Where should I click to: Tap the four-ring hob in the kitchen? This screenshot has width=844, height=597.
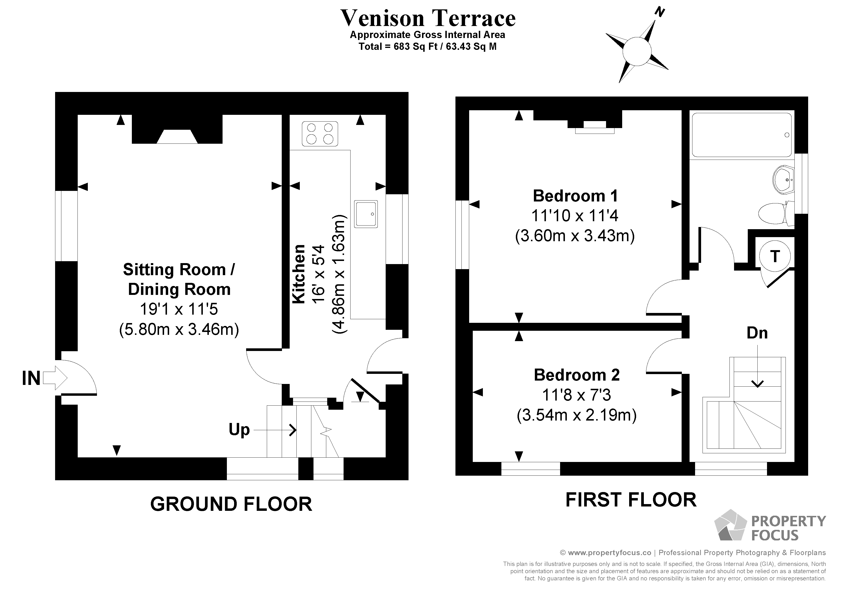pos(320,134)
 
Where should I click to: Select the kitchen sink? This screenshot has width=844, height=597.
pos(366,214)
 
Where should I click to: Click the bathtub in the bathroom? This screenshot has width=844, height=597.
pos(742,135)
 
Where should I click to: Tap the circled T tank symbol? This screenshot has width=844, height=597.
pos(774,256)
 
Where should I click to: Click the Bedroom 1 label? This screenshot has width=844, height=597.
pos(575,196)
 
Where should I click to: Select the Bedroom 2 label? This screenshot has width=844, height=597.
pos(576,375)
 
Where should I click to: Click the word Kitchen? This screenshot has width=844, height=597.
pos(299,274)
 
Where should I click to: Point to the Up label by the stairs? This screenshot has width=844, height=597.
pos(239,429)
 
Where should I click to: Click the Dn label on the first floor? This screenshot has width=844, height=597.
pos(757,333)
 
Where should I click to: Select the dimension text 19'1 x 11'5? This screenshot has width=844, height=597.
pos(179,309)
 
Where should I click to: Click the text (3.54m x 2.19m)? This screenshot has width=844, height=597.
pos(576,415)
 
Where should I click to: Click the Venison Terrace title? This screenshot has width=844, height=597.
pos(428,18)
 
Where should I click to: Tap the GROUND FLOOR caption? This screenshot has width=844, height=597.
pos(231,504)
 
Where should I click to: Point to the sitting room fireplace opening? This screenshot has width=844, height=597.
pos(177,136)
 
